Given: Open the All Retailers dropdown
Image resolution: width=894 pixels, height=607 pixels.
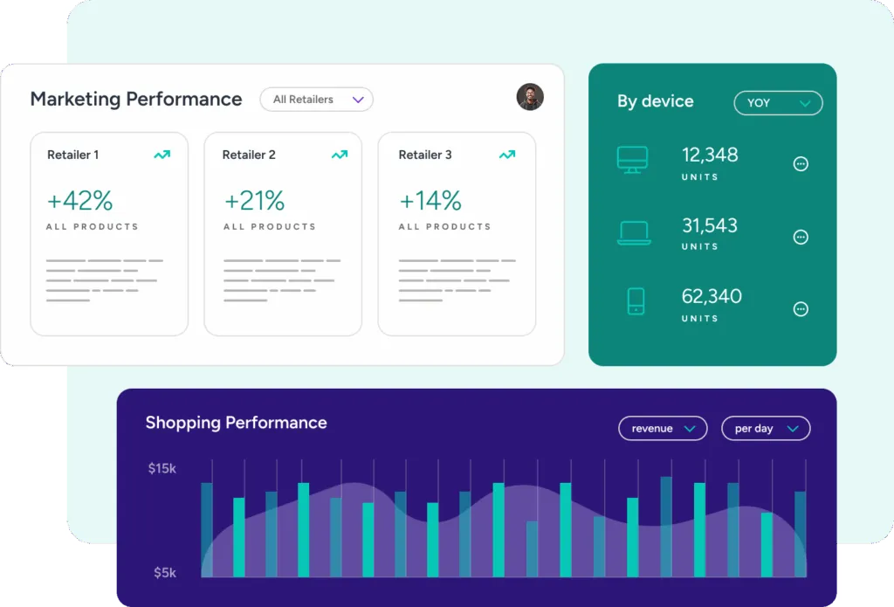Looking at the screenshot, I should pos(316,100).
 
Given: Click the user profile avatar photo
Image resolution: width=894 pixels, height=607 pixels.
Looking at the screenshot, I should pos(530,97).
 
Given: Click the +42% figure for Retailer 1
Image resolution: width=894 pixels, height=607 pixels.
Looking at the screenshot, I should pos(79,201).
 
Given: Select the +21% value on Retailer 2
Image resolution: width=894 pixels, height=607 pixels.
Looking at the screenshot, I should pos(254,201).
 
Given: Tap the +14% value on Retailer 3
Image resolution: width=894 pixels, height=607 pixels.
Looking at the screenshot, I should pos(430,201).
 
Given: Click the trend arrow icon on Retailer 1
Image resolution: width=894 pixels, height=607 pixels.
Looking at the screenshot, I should pos(162,155).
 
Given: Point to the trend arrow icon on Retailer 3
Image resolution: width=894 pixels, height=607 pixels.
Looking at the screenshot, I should pos(506,155).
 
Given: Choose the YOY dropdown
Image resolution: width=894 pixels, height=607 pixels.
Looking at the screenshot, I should pos(778,103).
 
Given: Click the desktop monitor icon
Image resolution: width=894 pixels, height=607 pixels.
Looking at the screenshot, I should pos(632,159).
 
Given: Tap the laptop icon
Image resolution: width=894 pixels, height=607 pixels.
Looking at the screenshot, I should pos(634,232).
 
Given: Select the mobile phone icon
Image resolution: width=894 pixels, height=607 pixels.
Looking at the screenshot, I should pos(636,301).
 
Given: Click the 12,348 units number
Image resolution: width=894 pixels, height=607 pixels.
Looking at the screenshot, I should pos(710,155).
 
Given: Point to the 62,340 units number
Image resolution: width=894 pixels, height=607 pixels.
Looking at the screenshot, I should pos(712,296).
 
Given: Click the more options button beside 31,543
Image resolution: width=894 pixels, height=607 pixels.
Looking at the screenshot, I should pos(801,237).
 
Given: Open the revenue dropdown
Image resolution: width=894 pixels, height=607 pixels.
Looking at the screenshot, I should pos(663,429).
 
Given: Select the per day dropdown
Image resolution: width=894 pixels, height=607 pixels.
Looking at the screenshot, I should pos(766,429).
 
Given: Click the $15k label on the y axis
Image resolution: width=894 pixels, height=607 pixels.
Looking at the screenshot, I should pos(162,469).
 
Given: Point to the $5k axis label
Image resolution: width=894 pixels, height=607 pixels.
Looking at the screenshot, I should pos(164,573).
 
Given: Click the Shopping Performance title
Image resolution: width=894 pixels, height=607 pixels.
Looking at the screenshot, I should pos(236,423).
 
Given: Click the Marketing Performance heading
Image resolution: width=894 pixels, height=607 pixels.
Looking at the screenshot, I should pos(136,100).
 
